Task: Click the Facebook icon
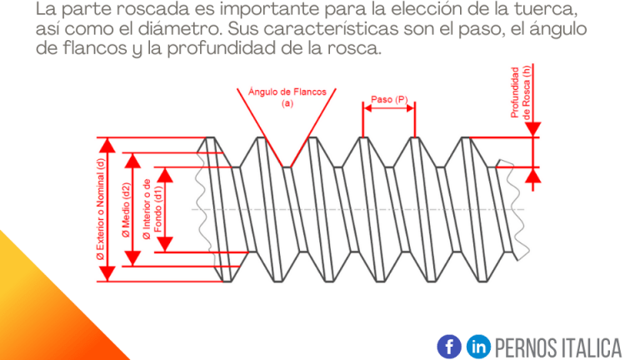click(449, 347)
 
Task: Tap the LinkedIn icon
click(478, 347)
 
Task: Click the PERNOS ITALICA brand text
click(558, 348)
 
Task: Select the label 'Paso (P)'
click(389, 99)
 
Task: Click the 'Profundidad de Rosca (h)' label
click(521, 92)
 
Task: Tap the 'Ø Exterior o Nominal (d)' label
click(100, 209)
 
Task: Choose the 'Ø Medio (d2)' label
click(126, 210)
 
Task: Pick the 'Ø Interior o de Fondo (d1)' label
click(152, 209)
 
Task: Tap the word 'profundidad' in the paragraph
click(221, 48)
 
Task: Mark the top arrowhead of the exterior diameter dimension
click(107, 145)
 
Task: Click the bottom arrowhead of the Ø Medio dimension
click(132, 259)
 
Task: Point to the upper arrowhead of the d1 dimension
click(165, 175)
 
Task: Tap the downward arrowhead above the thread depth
click(532, 129)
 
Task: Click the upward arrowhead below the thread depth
click(532, 176)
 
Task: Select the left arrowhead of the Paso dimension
click(367, 108)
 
